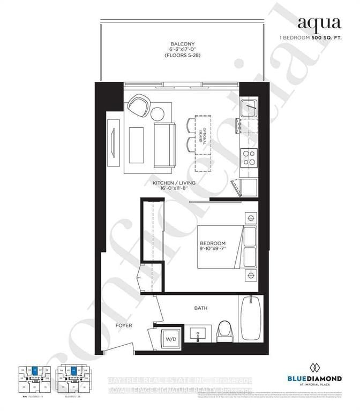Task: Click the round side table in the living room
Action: coord(159,114)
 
